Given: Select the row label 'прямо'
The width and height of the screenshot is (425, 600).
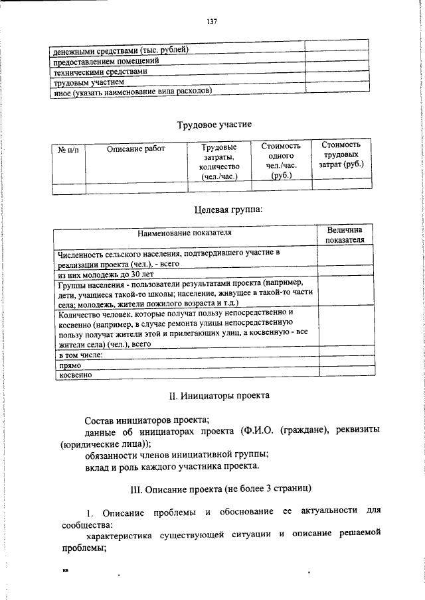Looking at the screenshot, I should point(70,365).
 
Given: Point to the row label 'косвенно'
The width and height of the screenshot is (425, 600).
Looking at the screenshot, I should point(75,375).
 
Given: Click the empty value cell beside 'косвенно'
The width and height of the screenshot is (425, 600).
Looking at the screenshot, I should point(343,375).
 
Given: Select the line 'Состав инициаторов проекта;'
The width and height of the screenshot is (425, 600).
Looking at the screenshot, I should point(147,420).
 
